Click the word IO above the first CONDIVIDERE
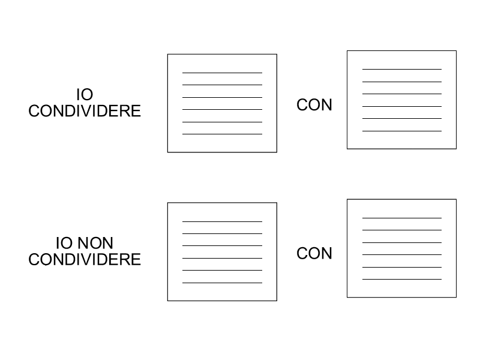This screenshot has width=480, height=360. [x=85, y=94]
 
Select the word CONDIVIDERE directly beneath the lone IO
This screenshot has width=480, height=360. [x=85, y=111]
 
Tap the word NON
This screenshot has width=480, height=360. [x=95, y=243]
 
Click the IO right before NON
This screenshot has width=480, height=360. [x=64, y=243]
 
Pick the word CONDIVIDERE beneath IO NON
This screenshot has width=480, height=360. [x=85, y=260]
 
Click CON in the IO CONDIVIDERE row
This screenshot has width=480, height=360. [x=314, y=104]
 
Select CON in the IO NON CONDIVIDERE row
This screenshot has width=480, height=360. [x=314, y=253]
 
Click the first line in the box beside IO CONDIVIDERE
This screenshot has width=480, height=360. [x=222, y=73]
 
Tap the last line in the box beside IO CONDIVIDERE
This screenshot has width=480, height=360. [x=222, y=134]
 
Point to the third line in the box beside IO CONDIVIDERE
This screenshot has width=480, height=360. [x=222, y=97]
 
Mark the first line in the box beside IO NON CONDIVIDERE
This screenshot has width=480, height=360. [x=222, y=221]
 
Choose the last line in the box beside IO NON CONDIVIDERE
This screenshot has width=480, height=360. [x=222, y=283]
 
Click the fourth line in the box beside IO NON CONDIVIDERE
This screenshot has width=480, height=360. [x=222, y=259]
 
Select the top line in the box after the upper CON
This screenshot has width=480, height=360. [x=402, y=70]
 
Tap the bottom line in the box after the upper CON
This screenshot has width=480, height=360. [x=402, y=131]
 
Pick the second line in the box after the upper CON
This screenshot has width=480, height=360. [x=402, y=82]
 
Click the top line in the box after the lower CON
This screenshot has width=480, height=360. [x=402, y=218]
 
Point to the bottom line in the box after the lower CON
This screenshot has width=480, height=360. [x=402, y=279]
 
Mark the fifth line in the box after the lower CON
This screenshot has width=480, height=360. [x=402, y=267]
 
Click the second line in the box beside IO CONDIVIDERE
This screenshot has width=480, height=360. [x=222, y=85]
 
